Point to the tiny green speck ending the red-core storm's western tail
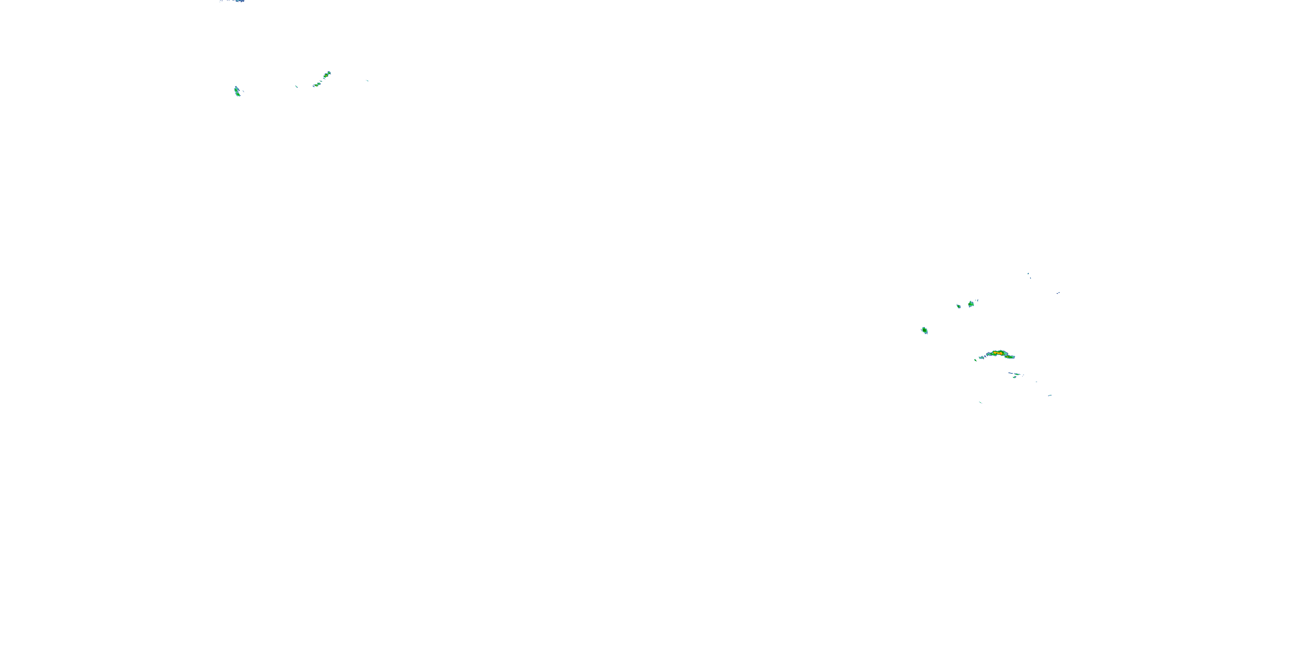pos(976,360)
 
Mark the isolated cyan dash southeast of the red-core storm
pos(1036,382)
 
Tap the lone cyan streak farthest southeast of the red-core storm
pos(1050,395)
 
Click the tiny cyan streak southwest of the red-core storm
pos(980,402)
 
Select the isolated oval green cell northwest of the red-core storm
pos(924,331)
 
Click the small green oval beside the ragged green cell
pos(958,306)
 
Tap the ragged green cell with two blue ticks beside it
pos(971,304)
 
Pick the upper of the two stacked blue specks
pos(1028,274)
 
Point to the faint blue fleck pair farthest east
pos(1058,293)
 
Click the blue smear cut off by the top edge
pos(237,1)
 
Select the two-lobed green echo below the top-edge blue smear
pos(237,92)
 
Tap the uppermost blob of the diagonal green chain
pos(328,74)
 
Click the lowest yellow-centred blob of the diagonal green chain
pos(316,84)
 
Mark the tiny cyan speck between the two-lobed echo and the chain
pos(296,86)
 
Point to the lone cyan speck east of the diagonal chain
pos(367,80)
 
